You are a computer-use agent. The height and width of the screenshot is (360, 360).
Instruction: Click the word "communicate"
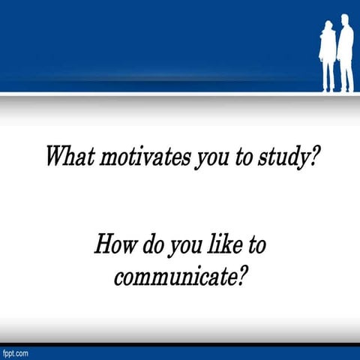(x=174, y=277)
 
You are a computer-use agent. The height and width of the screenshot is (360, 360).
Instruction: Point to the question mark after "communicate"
(x=241, y=276)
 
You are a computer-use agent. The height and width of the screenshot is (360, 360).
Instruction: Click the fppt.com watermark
(x=15, y=352)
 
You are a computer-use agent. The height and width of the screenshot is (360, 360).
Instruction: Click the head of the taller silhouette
(x=345, y=20)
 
